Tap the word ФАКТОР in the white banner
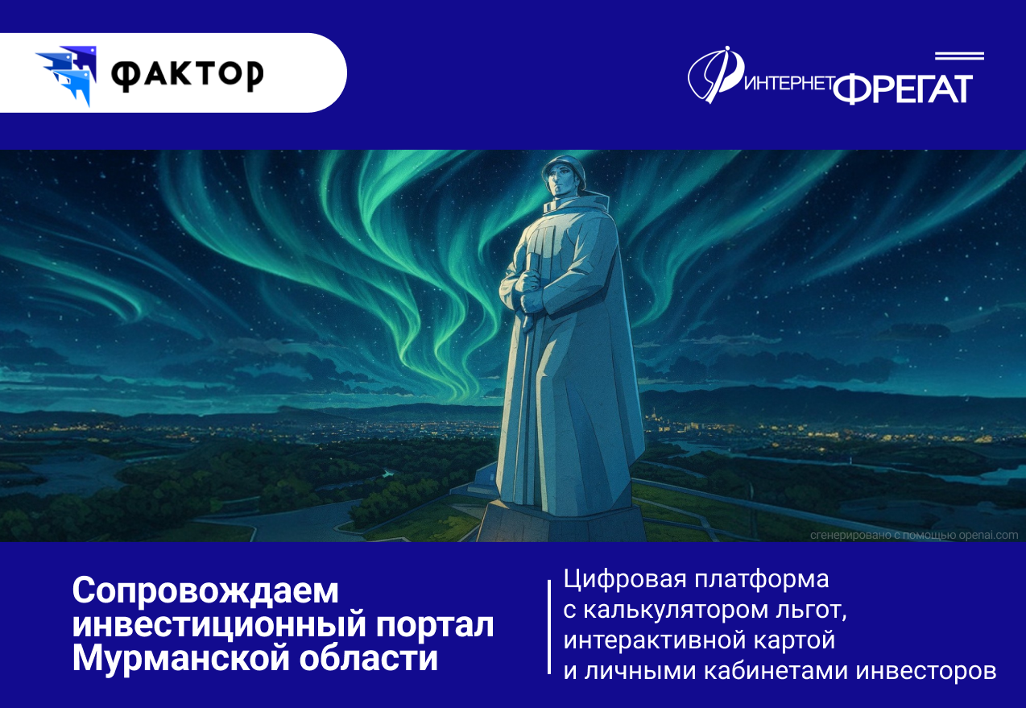(188, 76)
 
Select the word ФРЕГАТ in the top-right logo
(903, 89)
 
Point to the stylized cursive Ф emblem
(714, 75)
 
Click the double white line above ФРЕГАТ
(959, 56)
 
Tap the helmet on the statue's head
(564, 168)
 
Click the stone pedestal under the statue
(561, 523)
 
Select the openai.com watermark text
(914, 536)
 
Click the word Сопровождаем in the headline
(205, 591)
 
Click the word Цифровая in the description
(625, 579)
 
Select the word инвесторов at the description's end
(925, 671)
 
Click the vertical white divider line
(549, 627)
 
